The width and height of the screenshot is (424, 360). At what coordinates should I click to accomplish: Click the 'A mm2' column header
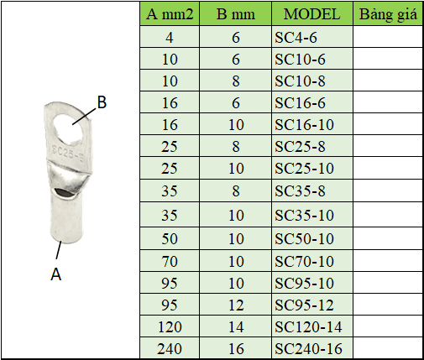170,14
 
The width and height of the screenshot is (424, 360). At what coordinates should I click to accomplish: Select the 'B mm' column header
236,14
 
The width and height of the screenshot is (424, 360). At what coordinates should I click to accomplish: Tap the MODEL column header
312,14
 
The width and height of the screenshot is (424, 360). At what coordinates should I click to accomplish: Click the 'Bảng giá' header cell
388,14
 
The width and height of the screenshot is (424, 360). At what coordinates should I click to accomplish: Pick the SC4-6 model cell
312,37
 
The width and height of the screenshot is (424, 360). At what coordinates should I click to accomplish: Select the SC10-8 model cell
312,81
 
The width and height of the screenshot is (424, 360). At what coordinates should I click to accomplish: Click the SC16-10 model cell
312,124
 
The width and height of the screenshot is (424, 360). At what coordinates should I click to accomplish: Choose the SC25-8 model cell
312,146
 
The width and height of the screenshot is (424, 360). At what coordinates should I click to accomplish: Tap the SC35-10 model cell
312,215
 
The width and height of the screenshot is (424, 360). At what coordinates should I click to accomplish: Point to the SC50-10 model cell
312,238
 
